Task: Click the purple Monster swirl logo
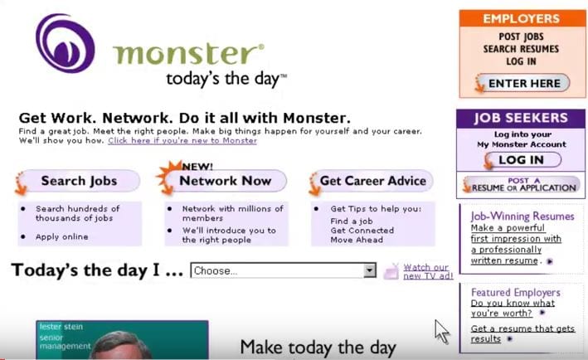(65, 43)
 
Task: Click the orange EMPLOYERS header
(522, 18)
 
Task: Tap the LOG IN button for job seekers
(522, 160)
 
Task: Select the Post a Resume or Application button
(522, 184)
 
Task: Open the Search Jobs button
(79, 181)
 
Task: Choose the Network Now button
(225, 181)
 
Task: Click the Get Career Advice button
(372, 181)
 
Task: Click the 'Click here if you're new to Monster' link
(182, 141)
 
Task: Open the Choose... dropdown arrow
(370, 270)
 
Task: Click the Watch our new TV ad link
(428, 271)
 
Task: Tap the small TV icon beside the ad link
(391, 271)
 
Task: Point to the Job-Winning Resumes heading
(522, 216)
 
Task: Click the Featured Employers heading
(516, 292)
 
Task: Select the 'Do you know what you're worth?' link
(513, 308)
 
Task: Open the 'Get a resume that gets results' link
(522, 333)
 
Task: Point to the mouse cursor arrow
(442, 332)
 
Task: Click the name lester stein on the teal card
(61, 327)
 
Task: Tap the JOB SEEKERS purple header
(521, 118)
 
